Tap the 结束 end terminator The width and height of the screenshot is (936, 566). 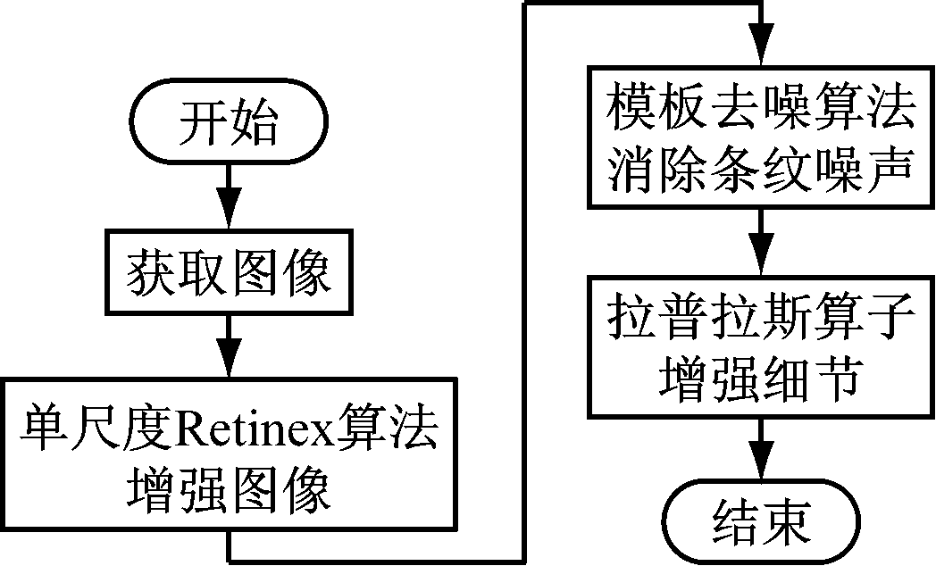pos(761,520)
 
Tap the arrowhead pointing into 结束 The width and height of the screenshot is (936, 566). pos(761,472)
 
